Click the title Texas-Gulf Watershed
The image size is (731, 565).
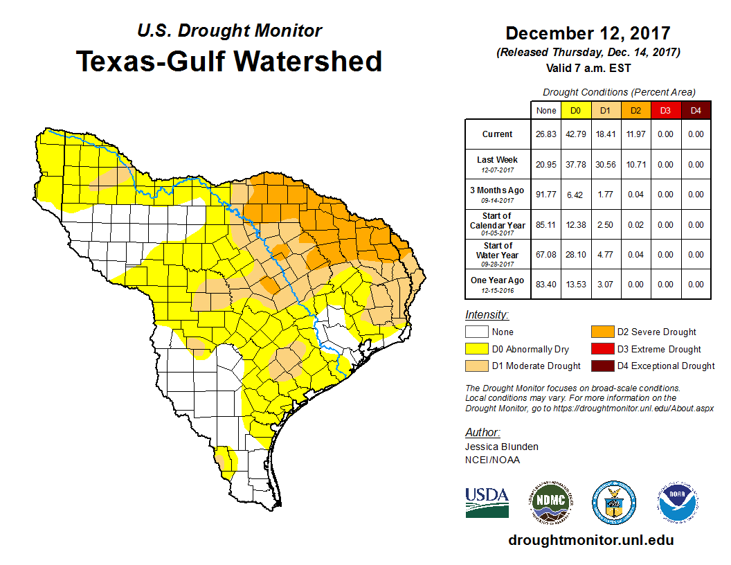(228, 61)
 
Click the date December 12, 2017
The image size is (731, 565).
(588, 33)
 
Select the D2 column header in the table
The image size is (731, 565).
(635, 110)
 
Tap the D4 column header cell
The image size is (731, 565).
(694, 110)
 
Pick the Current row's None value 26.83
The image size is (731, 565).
(545, 134)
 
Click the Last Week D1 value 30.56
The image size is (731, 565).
(605, 165)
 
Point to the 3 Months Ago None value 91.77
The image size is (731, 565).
(545, 195)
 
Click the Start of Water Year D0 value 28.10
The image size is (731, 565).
(575, 255)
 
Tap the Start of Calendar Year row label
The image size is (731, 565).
(497, 224)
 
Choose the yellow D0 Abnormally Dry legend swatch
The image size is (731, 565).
(476, 349)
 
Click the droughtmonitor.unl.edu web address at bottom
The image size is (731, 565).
(591, 540)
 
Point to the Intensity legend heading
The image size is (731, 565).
(487, 314)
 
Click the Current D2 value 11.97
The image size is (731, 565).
(635, 134)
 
